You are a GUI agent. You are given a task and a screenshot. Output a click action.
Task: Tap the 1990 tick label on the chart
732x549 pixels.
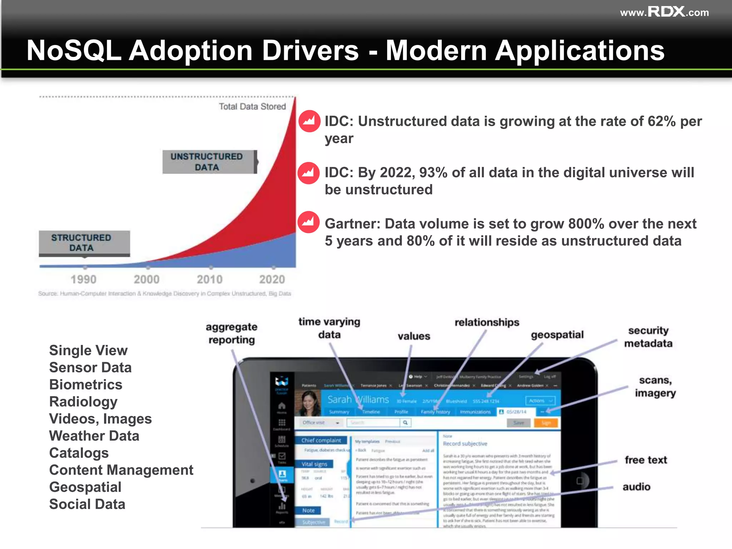tap(83, 279)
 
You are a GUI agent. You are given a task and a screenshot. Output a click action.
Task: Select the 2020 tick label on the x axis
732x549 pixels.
tap(272, 279)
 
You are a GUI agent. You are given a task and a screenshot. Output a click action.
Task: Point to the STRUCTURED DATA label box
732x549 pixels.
tap(83, 243)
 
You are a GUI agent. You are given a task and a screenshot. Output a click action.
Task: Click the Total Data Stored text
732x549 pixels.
tap(252, 107)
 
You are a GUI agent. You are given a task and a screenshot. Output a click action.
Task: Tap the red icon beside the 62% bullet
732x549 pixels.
tap(309, 121)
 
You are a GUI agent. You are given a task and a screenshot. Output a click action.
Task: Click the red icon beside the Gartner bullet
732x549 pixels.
tap(308, 222)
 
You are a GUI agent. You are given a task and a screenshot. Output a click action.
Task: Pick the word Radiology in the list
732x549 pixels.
tap(83, 402)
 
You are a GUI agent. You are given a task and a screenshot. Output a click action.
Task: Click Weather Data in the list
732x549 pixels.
tap(94, 436)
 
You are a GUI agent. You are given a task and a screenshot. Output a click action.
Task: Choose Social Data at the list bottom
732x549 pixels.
tap(87, 504)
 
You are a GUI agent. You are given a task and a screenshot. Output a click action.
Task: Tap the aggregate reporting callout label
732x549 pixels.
tap(232, 333)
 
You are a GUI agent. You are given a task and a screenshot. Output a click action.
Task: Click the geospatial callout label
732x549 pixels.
tap(557, 335)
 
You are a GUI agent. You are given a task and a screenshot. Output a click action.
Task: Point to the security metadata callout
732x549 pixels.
tap(648, 337)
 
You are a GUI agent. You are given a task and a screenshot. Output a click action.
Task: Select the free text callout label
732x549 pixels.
tap(646, 460)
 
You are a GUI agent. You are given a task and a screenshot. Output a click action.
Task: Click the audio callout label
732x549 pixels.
tap(636, 487)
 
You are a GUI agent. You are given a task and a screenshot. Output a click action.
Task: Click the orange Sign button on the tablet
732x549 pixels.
tap(545, 423)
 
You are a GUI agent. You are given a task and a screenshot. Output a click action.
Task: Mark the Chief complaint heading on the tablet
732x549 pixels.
tap(321, 440)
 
